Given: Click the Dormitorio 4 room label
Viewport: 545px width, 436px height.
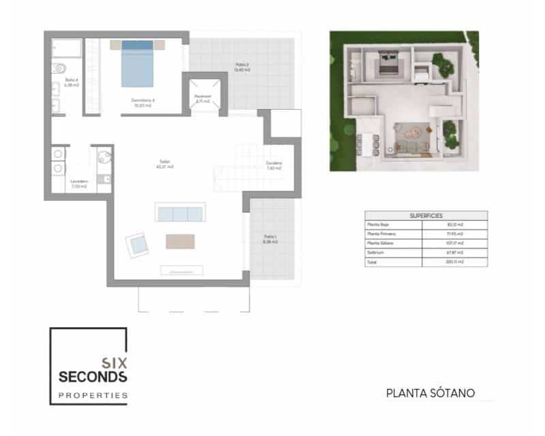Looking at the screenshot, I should coord(144,102).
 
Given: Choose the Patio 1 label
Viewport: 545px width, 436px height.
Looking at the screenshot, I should coord(270,238).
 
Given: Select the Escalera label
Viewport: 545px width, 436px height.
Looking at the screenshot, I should coord(275,165).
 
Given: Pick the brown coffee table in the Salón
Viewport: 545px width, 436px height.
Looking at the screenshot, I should coord(180,241).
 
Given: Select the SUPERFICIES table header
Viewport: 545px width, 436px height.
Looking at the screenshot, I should coord(426,215).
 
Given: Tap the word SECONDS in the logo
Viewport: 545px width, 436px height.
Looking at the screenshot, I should coord(93,376).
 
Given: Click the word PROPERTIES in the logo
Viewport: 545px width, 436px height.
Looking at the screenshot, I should coord(93,395).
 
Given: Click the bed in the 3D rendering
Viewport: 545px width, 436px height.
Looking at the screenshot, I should coord(388,64).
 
